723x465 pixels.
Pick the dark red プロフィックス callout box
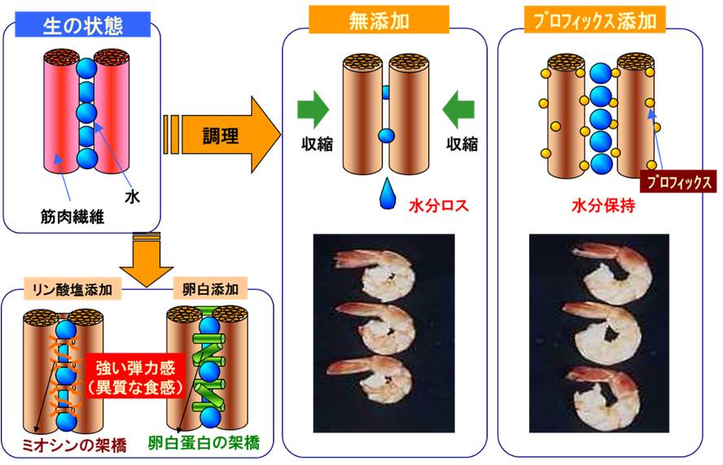click(677, 181)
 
